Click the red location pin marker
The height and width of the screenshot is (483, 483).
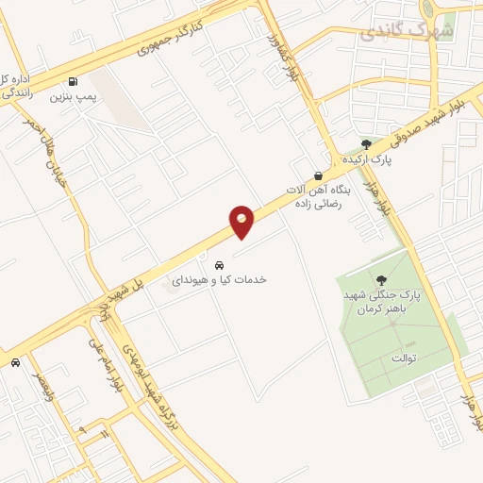point(241,221)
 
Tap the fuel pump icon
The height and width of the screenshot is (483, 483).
point(74,80)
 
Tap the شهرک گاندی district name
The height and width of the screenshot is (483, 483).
point(407,32)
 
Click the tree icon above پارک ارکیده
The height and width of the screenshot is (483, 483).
point(366,143)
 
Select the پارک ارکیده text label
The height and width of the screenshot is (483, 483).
point(368,159)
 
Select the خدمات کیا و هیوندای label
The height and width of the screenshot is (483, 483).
point(219,280)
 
